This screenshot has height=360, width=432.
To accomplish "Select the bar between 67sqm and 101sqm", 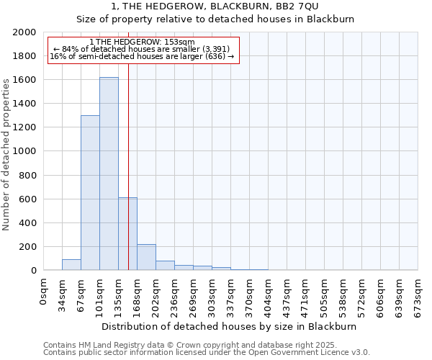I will [x=90, y=193].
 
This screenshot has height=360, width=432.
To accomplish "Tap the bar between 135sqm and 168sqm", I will [x=127, y=234].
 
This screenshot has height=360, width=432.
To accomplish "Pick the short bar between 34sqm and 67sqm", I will [x=71, y=264].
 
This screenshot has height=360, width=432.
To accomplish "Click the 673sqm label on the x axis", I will [x=418, y=296].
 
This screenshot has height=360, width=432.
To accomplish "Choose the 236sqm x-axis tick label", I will [x=174, y=296].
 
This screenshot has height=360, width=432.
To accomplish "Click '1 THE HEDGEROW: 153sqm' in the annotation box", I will [x=143, y=42].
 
